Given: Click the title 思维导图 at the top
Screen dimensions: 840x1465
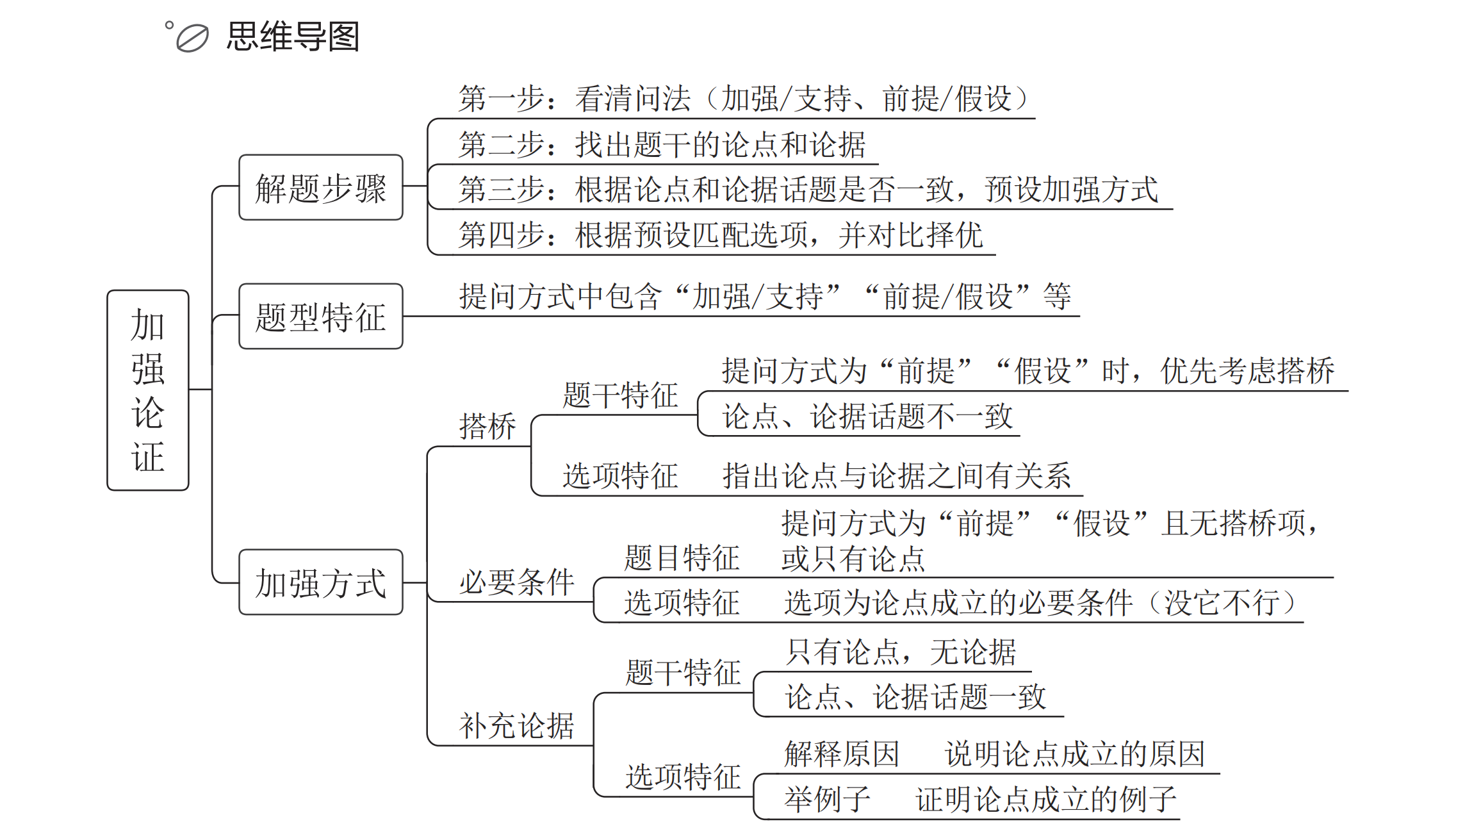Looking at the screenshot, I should [x=293, y=37].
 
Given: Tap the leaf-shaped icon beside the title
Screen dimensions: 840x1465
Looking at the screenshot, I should [x=192, y=38].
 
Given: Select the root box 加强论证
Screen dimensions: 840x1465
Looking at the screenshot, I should [x=148, y=390].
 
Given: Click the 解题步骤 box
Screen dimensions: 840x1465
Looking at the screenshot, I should [x=321, y=188].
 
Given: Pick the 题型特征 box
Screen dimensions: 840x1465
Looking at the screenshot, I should [x=321, y=317].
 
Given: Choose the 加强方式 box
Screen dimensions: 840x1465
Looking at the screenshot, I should [x=321, y=582].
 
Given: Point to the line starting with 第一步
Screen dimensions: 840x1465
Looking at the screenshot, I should [x=743, y=99].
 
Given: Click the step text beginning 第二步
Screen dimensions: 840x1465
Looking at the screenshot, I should [x=662, y=145].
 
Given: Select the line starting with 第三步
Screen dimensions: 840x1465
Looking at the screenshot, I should [x=808, y=190].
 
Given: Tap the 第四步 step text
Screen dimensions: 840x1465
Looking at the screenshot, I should [x=720, y=235].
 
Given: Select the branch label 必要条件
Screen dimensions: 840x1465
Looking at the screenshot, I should [x=516, y=582].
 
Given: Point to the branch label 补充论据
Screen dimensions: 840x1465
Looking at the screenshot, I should [x=516, y=726].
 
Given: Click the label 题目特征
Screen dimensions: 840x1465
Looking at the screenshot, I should [x=682, y=558].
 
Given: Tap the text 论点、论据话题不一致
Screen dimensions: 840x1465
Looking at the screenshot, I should [x=867, y=416].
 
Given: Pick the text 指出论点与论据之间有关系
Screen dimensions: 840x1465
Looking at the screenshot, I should [x=896, y=476].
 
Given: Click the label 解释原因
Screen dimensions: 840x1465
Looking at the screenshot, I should [x=842, y=754].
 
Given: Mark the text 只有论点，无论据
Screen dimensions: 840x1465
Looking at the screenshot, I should [x=901, y=652].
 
